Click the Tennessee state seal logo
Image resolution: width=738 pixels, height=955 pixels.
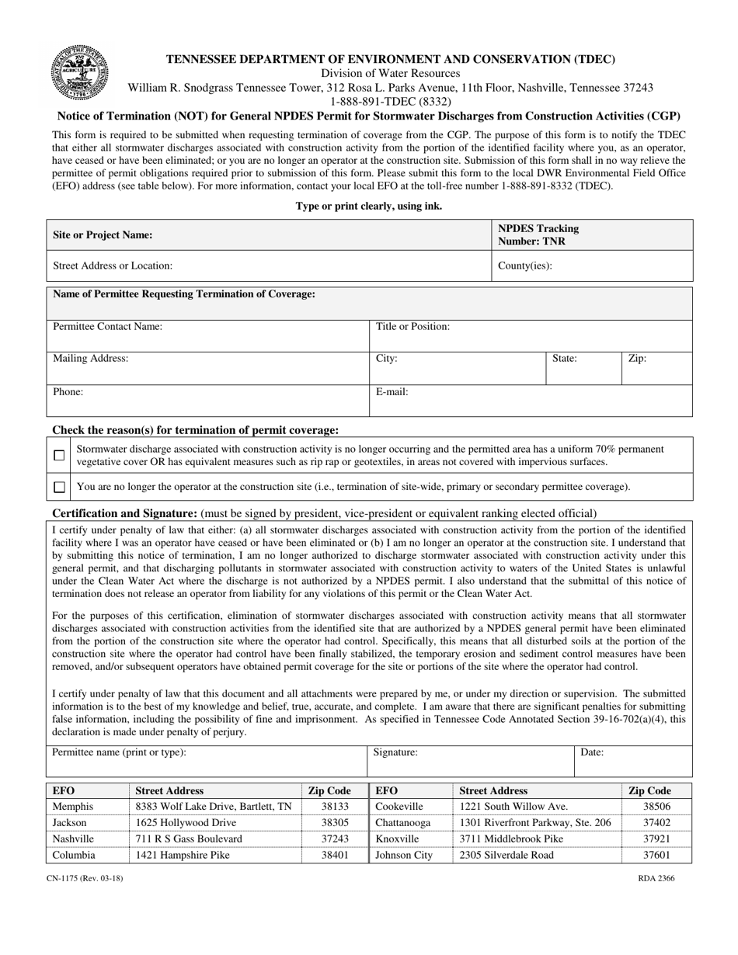tap(79, 72)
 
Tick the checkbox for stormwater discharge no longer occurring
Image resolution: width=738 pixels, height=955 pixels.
tap(59, 456)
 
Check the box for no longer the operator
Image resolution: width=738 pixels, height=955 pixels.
tap(59, 488)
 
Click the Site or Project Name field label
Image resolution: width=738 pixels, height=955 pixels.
tap(103, 234)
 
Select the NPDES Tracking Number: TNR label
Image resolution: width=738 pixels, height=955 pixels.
tap(538, 234)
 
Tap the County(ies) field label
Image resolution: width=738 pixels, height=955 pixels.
tap(524, 266)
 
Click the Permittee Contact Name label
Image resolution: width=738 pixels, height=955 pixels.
tap(107, 327)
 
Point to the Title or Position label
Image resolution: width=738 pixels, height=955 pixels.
tap(413, 327)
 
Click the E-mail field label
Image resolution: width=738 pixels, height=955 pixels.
tap(392, 392)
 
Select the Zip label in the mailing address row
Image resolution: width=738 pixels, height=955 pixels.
tap(637, 359)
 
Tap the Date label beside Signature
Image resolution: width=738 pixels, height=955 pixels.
tap(592, 752)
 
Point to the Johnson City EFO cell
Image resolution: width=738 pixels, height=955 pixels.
tap(403, 856)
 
